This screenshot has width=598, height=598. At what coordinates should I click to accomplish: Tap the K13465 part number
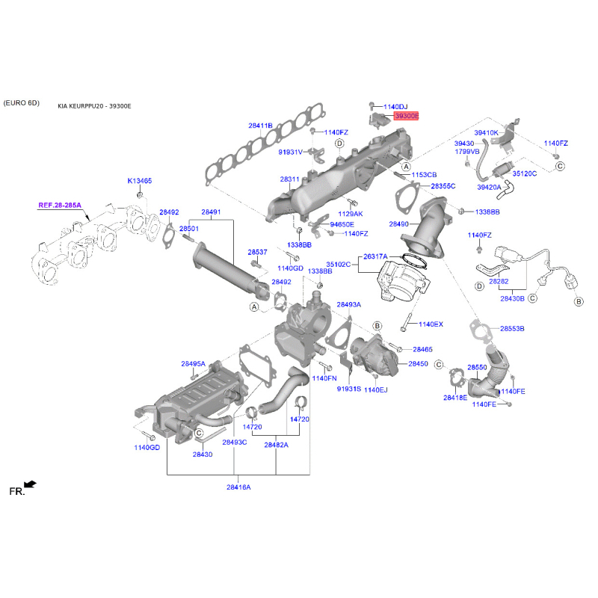[x=139, y=181]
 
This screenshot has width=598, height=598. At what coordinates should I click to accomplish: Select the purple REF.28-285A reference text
[x=59, y=204]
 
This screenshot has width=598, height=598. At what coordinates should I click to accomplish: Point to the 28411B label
[x=261, y=126]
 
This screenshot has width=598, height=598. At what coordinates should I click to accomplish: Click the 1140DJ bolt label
[x=395, y=107]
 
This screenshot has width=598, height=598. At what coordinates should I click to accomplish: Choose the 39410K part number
[x=486, y=132]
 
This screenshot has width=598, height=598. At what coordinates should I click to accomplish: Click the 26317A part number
[x=375, y=256]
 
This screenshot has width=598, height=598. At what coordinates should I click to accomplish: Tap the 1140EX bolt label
[x=431, y=324]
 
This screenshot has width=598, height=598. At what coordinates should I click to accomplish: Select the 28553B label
[x=512, y=329]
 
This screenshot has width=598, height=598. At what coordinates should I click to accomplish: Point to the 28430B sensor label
[x=513, y=298]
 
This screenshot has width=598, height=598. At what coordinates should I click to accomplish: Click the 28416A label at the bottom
[x=238, y=487]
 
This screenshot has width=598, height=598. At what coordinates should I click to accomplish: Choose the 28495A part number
[x=193, y=364]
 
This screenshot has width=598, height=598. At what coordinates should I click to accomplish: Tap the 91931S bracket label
[x=348, y=389]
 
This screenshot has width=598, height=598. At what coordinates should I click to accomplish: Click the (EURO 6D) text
[x=21, y=102]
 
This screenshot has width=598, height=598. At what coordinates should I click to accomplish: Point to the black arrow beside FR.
[x=29, y=484]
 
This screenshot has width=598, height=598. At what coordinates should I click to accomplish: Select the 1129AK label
[x=351, y=213]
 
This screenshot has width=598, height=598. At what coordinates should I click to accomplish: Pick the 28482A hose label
[x=276, y=445]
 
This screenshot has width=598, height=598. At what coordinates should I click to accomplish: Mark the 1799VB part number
[x=466, y=152]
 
